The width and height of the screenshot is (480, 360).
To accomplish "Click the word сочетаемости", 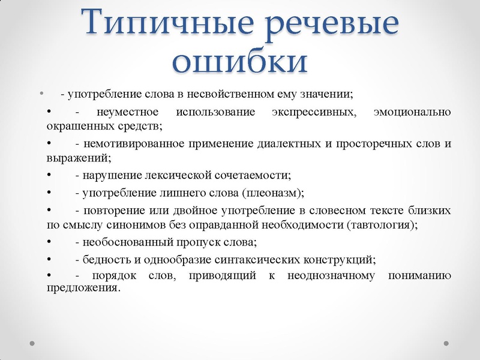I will [252, 175].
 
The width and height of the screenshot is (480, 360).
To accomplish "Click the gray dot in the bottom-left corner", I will [33, 343].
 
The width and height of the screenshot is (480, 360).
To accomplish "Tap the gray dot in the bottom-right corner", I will [446, 343].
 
